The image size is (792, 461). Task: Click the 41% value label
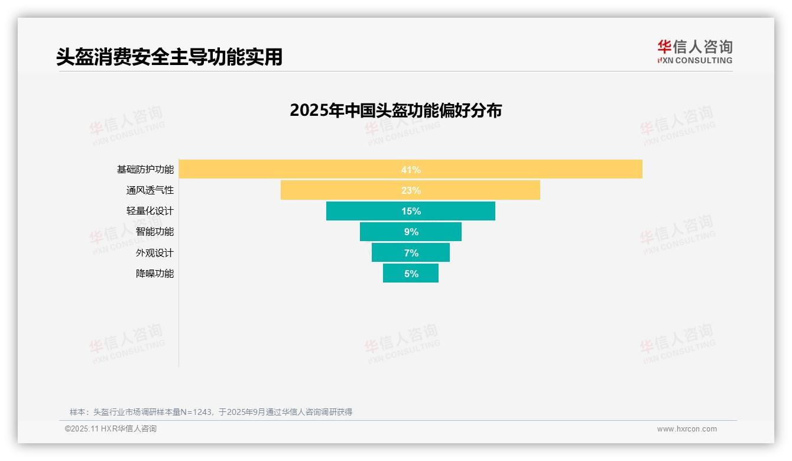[411, 170]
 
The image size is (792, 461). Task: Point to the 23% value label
[411, 190]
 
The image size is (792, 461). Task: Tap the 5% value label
[411, 274]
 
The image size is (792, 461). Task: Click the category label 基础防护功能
[145, 170]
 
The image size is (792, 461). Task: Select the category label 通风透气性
[150, 190]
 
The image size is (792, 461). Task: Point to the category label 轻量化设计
[150, 211]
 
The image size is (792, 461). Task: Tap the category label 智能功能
[155, 232]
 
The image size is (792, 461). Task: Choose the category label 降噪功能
[155, 274]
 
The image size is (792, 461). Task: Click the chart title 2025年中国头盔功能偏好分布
[395, 111]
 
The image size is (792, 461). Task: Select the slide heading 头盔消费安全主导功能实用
[170, 57]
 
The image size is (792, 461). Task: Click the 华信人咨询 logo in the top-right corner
[694, 51]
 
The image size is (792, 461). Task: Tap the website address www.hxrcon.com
[687, 429]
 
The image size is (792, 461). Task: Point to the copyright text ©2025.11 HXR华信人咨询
[111, 429]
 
